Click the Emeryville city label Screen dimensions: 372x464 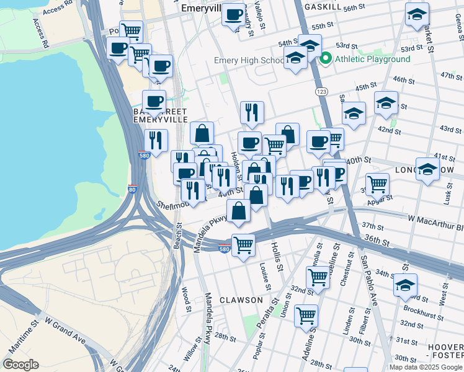click(201, 9)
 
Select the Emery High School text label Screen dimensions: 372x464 click(249, 61)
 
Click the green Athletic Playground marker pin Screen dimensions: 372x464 click(326, 59)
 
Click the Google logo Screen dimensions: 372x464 click(20, 365)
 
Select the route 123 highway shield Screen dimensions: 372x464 click(321, 91)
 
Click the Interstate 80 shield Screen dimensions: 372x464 click(132, 189)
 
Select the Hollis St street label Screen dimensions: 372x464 click(277, 257)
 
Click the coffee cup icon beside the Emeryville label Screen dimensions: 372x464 click(233, 15)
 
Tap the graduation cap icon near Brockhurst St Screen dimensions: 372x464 click(405, 286)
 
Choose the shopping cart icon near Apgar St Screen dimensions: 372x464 click(377, 184)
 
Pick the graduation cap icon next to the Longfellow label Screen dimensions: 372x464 click(427, 169)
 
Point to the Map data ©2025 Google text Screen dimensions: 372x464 click(425, 366)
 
